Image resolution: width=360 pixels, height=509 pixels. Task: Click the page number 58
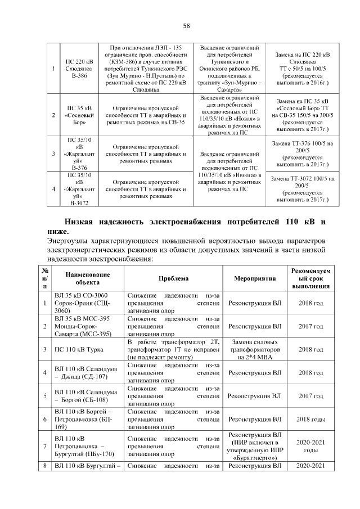point(186,25)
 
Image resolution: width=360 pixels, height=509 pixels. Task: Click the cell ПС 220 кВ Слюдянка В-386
point(79,69)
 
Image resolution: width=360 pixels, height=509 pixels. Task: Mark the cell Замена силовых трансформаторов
point(254,349)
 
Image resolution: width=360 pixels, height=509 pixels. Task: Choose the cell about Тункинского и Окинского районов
point(228,69)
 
